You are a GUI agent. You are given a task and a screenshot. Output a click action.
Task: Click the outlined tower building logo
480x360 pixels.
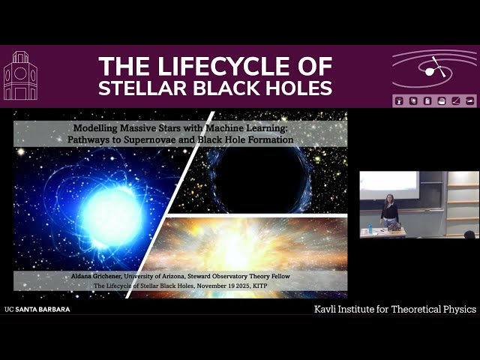pos(20,76)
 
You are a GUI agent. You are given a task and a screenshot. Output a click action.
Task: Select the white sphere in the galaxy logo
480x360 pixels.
pos(430,72)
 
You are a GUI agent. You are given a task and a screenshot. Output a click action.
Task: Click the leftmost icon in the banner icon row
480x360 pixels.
pos(399,100)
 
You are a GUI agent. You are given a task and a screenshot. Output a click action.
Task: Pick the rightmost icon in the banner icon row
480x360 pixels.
pos(470,100)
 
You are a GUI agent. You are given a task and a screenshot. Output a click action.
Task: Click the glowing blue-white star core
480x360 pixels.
pos(112,217)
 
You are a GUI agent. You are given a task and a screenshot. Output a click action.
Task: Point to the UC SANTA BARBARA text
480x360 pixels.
pos(37,309)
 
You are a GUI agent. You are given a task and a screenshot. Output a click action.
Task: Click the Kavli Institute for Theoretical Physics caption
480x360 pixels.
pos(394,309)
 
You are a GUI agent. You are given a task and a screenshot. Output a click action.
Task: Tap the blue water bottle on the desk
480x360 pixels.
pos(370,229)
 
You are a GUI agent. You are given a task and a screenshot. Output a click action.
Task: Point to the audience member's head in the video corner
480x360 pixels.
pos(469,235)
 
